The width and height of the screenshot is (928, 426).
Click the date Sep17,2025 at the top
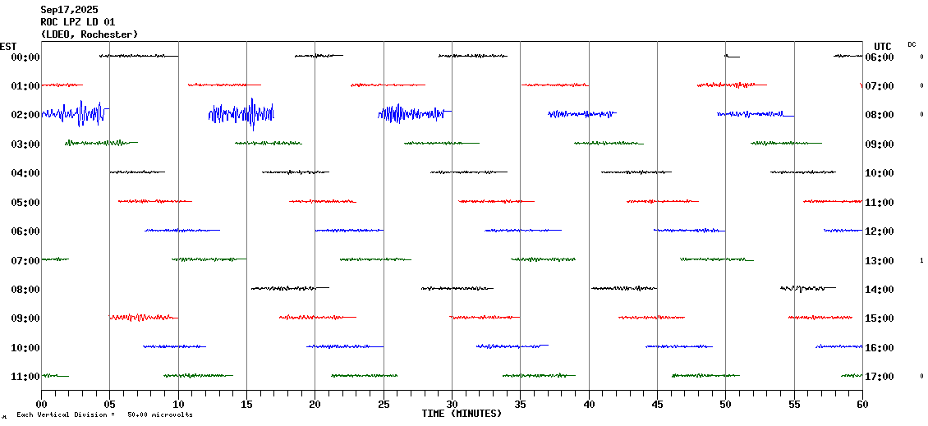coord(69,10)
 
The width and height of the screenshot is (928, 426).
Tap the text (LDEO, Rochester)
coord(89,34)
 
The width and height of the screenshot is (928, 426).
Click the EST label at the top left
coord(9,46)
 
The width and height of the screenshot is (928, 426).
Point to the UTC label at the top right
coord(883,46)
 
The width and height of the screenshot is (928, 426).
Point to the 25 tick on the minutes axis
coord(384,405)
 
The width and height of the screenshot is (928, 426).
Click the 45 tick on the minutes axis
coord(657,405)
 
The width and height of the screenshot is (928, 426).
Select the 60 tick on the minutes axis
coord(862,405)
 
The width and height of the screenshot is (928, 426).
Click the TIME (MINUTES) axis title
coord(462,414)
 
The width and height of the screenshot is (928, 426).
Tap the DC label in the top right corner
coord(912,44)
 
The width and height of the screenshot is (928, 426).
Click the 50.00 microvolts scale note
coord(159,415)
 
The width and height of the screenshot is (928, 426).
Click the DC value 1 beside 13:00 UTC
coord(921,260)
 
